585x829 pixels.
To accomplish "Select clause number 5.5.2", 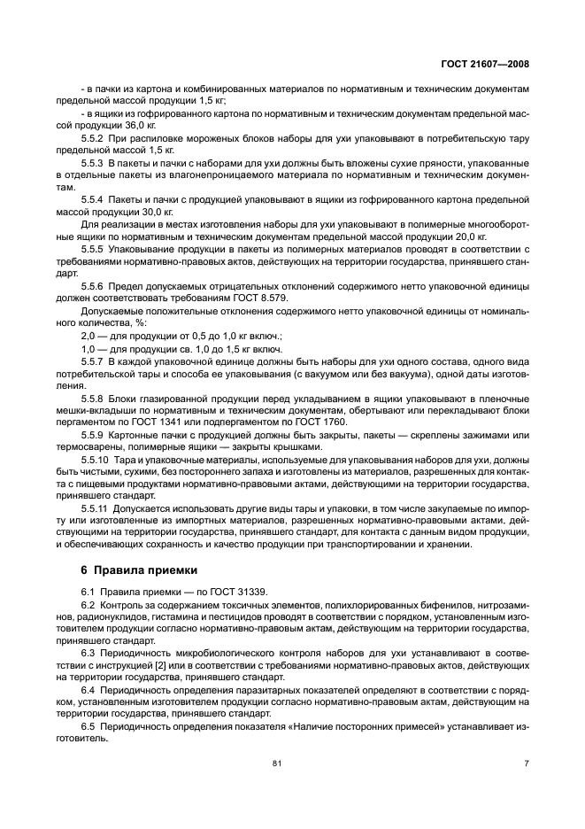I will (x=93, y=140).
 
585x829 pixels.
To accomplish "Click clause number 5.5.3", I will (x=93, y=165).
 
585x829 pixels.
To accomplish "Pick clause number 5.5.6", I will (x=93, y=288).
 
